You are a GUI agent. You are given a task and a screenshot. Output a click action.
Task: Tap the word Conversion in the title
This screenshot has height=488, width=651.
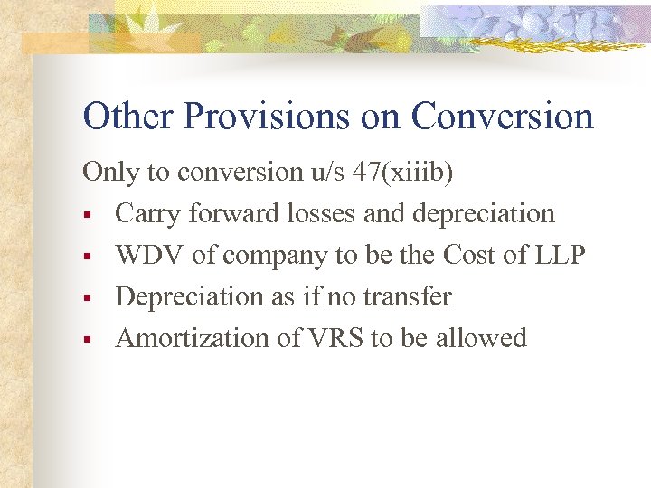(x=502, y=117)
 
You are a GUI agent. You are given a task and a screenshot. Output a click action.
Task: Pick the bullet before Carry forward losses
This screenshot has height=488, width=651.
(x=88, y=216)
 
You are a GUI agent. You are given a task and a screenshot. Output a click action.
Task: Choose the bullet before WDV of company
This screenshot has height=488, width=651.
(x=88, y=258)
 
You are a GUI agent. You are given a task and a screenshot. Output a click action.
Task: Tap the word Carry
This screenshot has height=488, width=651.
(x=146, y=214)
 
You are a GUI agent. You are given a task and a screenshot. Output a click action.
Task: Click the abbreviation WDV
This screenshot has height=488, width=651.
(x=150, y=256)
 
